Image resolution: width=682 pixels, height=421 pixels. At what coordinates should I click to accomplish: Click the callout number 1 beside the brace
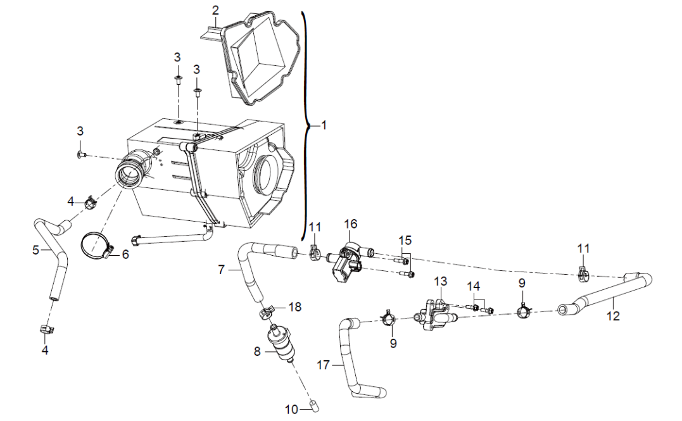(324, 125)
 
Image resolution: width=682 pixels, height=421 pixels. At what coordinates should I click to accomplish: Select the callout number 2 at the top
(216, 9)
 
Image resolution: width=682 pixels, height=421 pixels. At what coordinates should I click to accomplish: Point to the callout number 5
(36, 250)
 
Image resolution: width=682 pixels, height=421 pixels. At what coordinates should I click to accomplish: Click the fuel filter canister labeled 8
(281, 343)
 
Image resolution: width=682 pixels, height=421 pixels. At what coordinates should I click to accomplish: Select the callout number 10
(291, 409)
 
